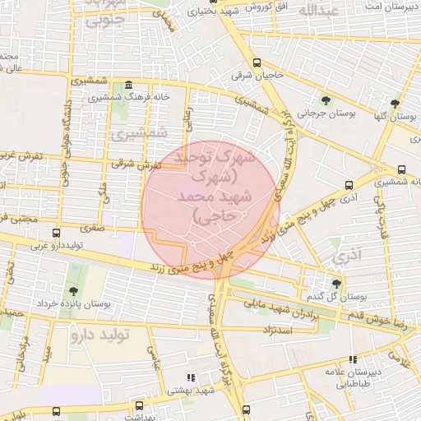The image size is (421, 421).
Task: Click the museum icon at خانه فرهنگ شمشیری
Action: click(128, 86)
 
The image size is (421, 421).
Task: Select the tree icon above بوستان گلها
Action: click(396, 104)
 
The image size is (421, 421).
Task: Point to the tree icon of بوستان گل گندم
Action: click(335, 284)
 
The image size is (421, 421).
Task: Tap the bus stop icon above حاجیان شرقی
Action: click(257, 62)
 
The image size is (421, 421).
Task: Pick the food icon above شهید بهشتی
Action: click(192, 377)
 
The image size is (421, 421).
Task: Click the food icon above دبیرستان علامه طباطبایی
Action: click(354, 359)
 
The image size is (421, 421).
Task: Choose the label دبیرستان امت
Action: click(382, 7)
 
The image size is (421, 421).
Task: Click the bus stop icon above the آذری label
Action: click(349, 185)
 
